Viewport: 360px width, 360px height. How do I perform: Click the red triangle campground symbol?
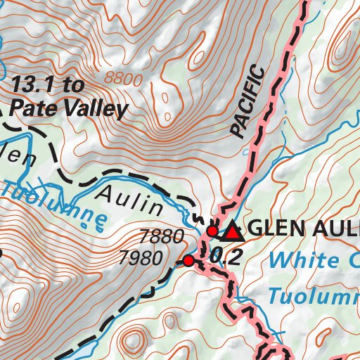232,230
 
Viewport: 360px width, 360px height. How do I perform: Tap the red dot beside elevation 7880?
212,231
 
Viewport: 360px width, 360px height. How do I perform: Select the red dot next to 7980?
188,262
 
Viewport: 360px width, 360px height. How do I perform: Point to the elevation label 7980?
151,258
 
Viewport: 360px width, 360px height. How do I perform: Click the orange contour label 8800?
122,78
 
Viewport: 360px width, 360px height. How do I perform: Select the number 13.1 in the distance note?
37,86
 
